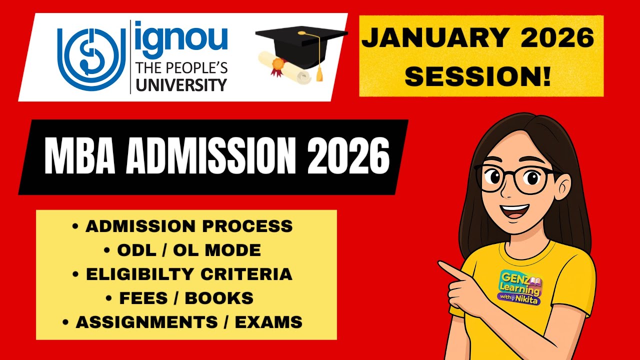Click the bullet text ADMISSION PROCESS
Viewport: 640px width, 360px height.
(x=189, y=226)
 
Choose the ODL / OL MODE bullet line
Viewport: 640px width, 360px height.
(x=189, y=250)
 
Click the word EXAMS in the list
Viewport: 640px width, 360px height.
(x=268, y=322)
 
